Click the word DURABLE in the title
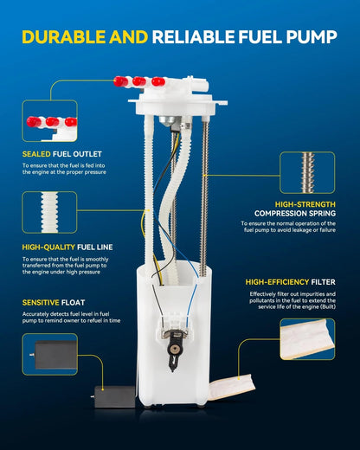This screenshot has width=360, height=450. click(64, 37)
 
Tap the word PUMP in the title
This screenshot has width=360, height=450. click(312, 37)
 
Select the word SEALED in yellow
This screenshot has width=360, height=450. click(36, 154)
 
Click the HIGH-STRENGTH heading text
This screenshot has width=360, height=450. click(305, 204)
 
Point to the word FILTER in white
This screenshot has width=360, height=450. click(323, 282)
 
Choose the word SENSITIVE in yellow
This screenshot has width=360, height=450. click(41, 303)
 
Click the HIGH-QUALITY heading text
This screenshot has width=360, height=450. click(48, 247)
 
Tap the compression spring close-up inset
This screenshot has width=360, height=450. click(307, 172)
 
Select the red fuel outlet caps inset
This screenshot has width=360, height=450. click(49, 120)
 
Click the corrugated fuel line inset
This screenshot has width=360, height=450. click(49, 212)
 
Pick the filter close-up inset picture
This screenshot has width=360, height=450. click(307, 339)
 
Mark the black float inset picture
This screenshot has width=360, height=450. click(49, 354)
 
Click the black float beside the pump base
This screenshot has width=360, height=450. click(114, 397)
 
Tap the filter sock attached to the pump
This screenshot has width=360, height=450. click(232, 387)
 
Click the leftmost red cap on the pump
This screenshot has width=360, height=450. click(120, 81)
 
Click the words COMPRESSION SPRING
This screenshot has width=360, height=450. click(295, 214)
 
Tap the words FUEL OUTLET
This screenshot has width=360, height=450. click(77, 154)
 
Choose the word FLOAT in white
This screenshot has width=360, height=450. click(73, 303)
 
